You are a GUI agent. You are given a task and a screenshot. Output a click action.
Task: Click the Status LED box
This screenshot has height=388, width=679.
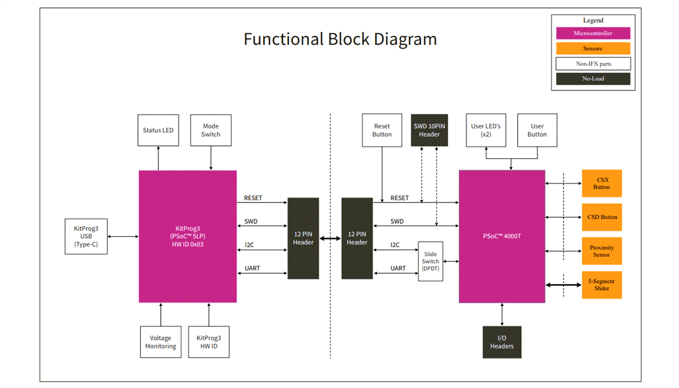(x=158, y=130)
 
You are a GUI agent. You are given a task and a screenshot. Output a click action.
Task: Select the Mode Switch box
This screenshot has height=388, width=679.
(x=210, y=130)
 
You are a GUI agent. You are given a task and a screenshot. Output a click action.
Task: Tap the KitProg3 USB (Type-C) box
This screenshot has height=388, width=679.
(x=86, y=236)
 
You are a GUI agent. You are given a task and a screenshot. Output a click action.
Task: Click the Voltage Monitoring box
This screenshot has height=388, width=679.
(x=161, y=342)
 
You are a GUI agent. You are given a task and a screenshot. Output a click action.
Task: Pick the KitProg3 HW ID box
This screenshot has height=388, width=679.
(x=209, y=342)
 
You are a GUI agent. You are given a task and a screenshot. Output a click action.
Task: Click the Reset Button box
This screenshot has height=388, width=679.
(x=382, y=130)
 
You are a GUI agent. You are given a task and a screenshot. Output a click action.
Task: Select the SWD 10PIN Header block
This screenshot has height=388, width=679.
(x=429, y=130)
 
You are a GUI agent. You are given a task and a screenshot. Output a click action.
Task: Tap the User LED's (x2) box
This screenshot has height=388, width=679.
(x=485, y=130)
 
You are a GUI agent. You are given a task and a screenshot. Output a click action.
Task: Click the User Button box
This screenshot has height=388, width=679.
(x=537, y=130)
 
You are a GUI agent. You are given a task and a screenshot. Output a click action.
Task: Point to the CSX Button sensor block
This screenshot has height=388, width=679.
(x=601, y=183)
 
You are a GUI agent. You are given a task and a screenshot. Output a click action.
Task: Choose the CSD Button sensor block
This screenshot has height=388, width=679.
(x=601, y=217)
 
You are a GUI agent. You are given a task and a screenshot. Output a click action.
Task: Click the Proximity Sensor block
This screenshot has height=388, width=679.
(x=601, y=251)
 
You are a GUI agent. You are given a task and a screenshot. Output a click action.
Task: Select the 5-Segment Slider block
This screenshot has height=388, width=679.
(x=601, y=284)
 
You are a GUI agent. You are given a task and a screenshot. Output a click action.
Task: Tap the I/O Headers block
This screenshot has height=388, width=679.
(x=502, y=342)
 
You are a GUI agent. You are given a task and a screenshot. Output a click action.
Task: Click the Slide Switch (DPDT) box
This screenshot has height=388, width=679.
(x=430, y=261)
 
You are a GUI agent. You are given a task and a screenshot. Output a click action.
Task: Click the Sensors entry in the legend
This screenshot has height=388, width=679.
(x=593, y=49)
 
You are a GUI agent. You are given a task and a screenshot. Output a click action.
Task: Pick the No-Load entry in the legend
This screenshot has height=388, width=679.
(x=593, y=79)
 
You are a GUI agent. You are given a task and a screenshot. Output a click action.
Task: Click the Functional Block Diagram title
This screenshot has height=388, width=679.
(x=340, y=39)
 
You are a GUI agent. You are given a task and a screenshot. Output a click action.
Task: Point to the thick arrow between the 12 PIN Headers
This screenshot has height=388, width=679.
(x=330, y=239)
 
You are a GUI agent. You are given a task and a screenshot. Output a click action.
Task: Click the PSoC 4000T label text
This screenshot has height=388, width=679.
(x=501, y=236)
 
